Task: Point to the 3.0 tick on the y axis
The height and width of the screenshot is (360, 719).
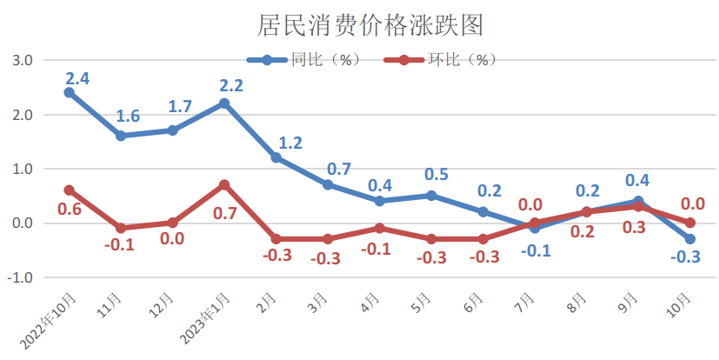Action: (22, 61)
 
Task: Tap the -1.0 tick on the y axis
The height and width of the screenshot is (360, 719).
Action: (20, 277)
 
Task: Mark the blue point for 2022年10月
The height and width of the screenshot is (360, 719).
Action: (70, 92)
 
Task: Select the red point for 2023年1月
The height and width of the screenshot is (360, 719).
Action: (224, 185)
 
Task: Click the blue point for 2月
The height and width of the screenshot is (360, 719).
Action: (276, 157)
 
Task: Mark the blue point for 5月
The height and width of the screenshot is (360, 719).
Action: (431, 196)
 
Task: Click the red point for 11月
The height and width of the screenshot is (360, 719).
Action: (121, 228)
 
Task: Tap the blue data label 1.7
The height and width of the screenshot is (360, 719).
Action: (181, 108)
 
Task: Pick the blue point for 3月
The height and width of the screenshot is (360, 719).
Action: (328, 184)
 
